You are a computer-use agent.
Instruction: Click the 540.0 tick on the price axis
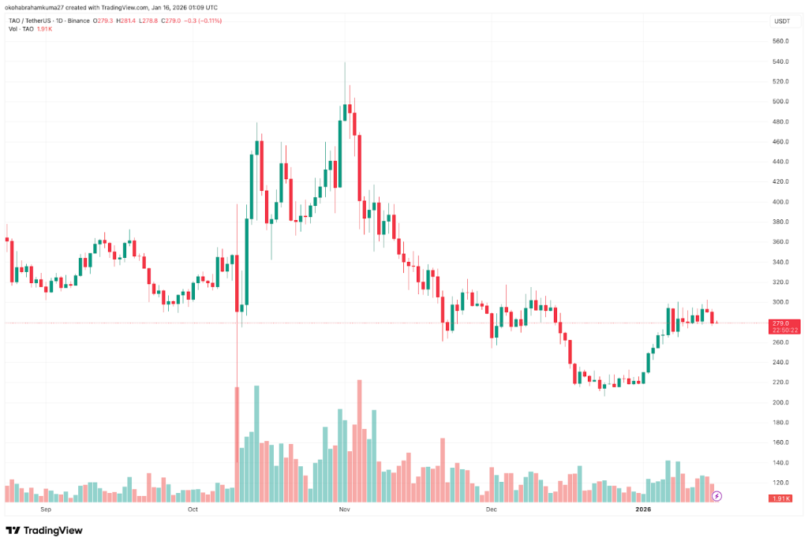782,62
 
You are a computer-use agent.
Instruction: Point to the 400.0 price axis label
782,202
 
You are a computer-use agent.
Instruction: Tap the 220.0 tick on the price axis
782,383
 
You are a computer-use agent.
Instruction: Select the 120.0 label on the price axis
782,483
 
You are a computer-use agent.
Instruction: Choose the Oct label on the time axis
193,510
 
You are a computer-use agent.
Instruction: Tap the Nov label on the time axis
344,510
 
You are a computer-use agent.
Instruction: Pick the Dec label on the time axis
492,510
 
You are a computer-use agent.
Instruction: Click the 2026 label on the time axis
645,510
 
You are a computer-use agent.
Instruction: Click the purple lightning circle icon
716,496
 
